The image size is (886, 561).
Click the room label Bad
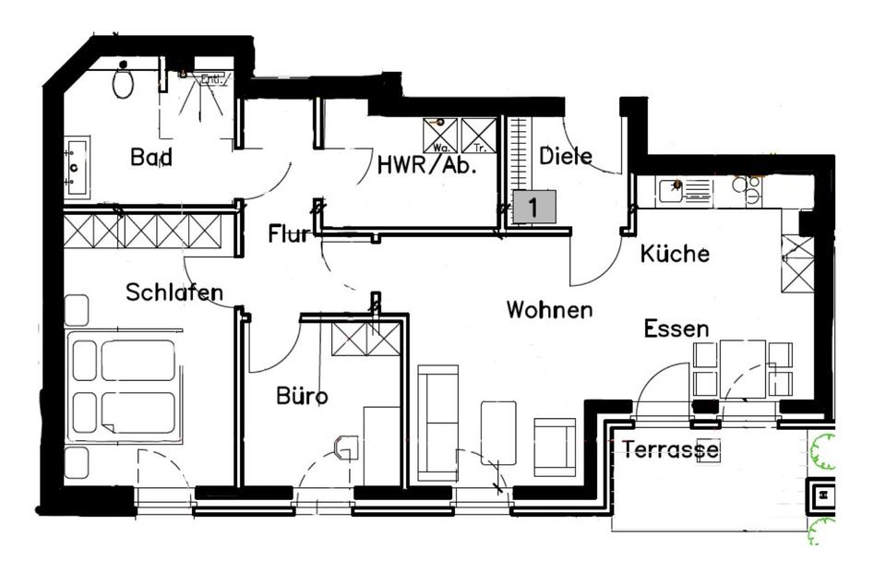click(151, 157)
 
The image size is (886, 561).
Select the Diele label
click(565, 155)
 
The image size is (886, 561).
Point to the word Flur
click(289, 233)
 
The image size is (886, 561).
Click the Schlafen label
click(174, 292)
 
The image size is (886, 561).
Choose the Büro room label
click(302, 396)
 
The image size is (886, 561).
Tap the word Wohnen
click(549, 309)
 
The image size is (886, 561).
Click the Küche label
click(675, 253)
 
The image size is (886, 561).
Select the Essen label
click(676, 328)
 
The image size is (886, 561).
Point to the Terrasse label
click(670, 450)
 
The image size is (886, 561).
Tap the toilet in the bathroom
click(123, 81)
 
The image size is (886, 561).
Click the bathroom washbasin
click(77, 167)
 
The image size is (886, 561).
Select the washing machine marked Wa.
click(440, 135)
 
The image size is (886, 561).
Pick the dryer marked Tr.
click(479, 135)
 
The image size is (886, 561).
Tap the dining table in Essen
click(743, 368)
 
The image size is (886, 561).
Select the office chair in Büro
click(346, 448)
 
